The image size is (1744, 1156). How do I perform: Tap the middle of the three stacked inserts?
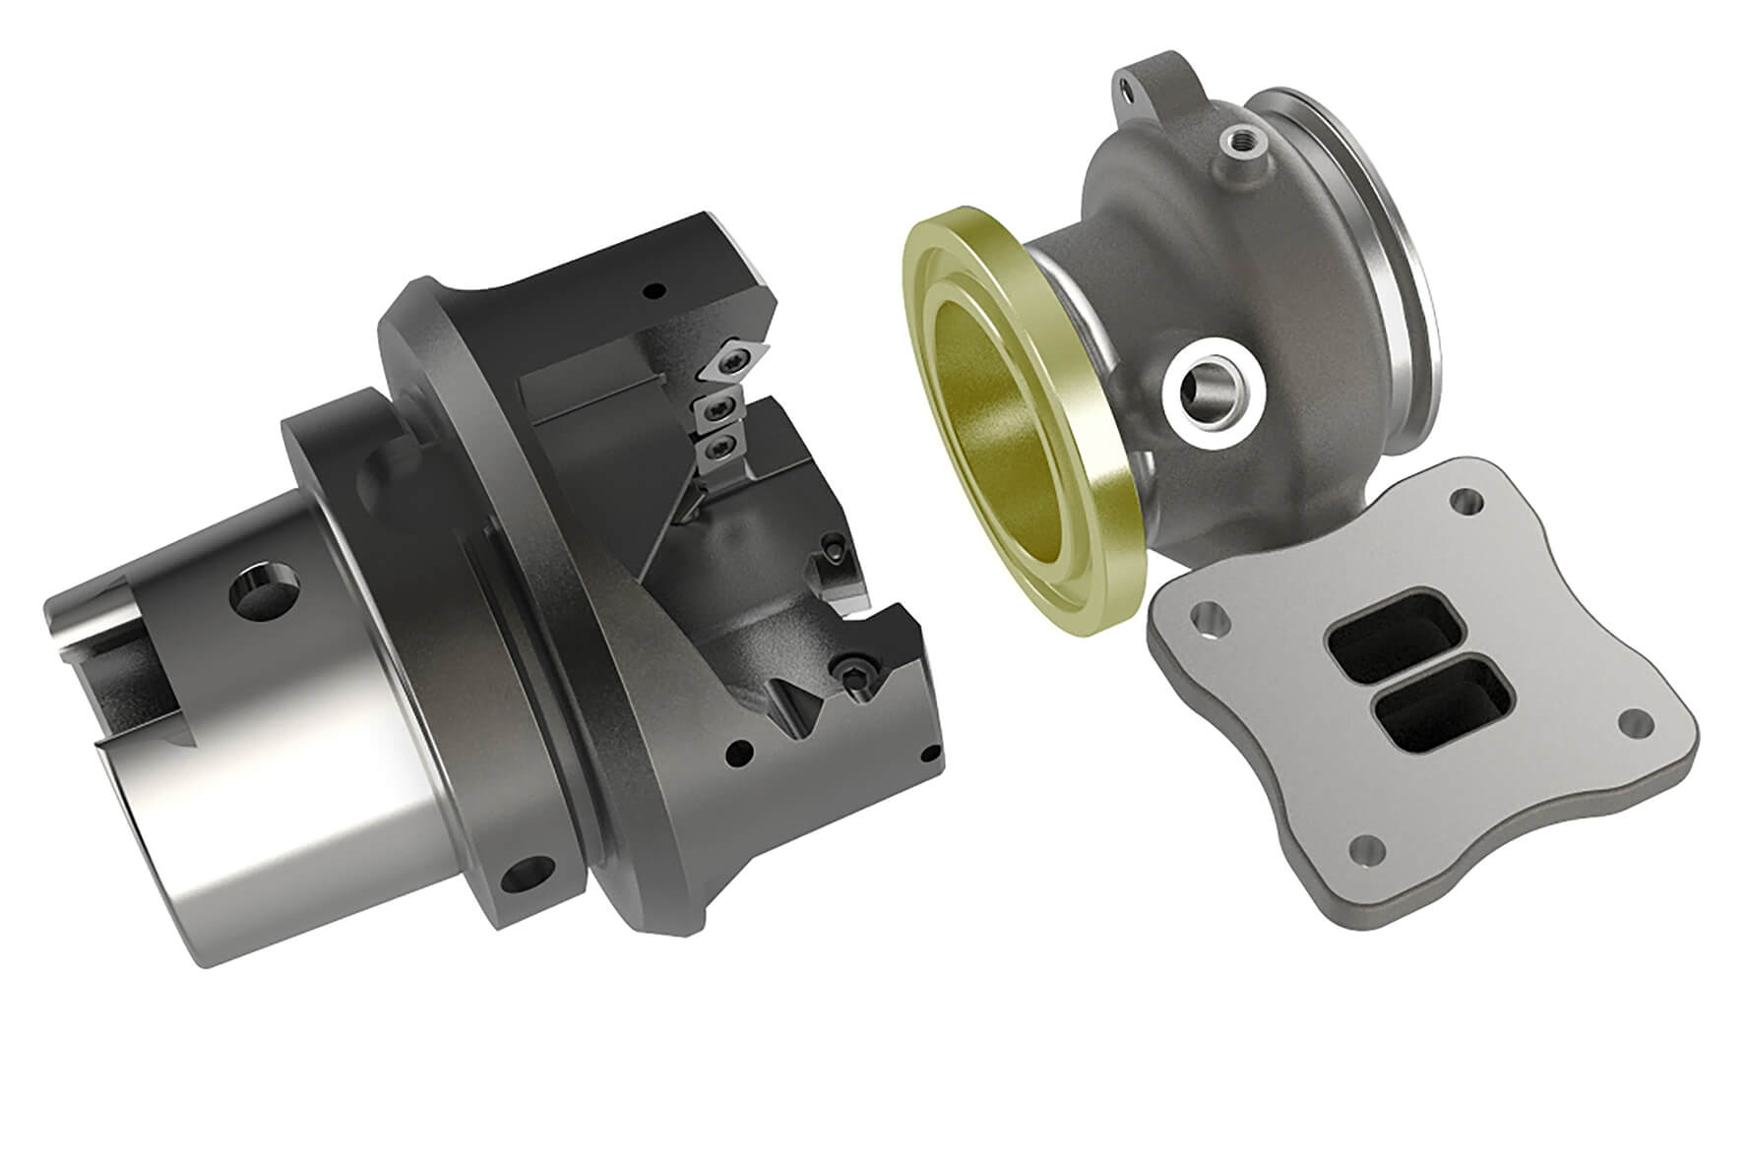718,411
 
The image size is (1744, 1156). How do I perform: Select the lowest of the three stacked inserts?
718,448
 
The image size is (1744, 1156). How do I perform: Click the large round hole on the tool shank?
258,591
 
